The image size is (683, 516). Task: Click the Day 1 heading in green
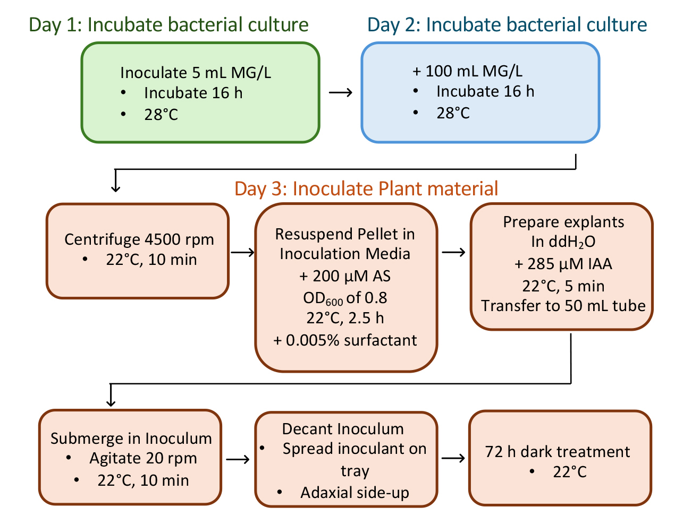(168, 25)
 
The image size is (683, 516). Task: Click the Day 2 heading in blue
(507, 25)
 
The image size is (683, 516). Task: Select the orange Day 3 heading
(366, 188)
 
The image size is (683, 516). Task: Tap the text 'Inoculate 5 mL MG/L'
(196, 73)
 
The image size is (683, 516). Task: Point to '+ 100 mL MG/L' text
(467, 71)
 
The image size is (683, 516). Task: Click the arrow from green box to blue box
(340, 92)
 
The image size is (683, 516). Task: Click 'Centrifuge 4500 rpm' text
(139, 239)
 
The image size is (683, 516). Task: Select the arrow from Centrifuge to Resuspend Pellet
(242, 252)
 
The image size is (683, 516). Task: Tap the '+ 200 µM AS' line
(345, 276)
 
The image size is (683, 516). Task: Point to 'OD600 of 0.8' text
(345, 298)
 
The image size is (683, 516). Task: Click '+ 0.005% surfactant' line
(345, 340)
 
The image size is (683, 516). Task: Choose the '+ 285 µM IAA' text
(563, 264)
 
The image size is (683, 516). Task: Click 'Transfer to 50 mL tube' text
(563, 306)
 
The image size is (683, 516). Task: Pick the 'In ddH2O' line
(563, 242)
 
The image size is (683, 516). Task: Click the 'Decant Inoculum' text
(343, 429)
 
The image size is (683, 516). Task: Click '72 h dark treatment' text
(557, 452)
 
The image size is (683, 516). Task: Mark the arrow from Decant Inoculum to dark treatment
(453, 458)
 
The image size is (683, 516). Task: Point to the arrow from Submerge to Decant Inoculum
(238, 459)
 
